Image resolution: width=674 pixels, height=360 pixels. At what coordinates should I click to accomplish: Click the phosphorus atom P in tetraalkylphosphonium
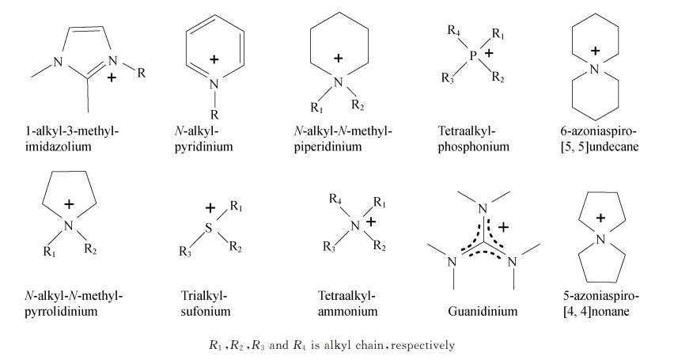click(473, 55)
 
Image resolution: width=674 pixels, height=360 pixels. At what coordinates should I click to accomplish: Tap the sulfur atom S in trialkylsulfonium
click(209, 228)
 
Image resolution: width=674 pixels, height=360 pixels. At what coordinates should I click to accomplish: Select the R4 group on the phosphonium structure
click(454, 31)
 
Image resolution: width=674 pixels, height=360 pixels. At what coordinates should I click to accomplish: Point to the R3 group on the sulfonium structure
click(185, 251)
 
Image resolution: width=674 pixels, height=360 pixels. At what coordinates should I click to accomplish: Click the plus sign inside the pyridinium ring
click(214, 59)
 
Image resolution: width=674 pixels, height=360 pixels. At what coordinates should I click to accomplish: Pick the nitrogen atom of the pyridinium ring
click(214, 85)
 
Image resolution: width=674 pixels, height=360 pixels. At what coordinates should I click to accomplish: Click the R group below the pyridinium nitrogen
click(214, 115)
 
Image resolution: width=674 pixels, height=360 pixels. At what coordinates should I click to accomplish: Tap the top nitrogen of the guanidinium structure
click(483, 209)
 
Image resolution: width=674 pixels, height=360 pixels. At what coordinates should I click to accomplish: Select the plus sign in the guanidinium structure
click(503, 226)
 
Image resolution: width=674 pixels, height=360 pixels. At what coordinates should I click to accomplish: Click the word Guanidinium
click(483, 311)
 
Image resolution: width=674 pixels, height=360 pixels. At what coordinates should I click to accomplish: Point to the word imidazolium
click(58, 146)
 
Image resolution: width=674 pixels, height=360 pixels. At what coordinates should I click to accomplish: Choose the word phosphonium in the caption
click(474, 146)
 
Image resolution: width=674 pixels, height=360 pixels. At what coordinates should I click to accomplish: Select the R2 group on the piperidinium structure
click(358, 104)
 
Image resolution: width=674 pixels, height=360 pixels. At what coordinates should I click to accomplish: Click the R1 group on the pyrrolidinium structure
click(49, 251)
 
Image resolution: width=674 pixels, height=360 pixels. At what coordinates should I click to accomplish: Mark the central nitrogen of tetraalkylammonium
click(355, 225)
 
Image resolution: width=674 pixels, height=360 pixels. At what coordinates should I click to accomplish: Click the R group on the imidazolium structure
click(142, 73)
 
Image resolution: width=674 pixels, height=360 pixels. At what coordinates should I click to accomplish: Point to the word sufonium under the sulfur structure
click(206, 311)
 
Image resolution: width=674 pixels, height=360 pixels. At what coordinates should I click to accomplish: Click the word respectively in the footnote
click(422, 346)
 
